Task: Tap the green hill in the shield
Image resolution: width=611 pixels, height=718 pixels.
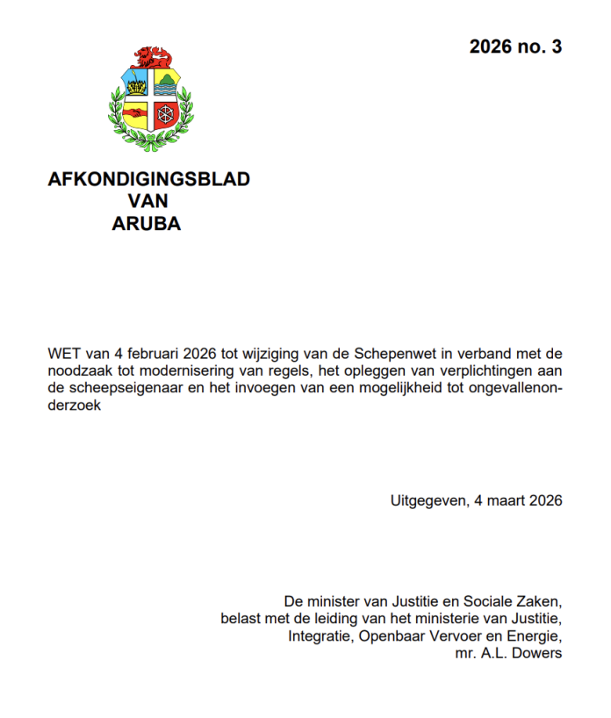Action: pos(166,85)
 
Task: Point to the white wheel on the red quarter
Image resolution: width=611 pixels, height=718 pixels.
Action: pos(164,114)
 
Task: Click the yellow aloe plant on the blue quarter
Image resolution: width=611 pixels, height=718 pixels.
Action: pos(137,86)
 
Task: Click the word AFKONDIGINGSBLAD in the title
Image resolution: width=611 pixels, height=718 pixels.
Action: pos(148,179)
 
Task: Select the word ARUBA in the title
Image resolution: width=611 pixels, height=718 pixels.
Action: pos(147,224)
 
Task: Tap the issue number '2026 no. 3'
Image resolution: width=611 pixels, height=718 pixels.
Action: pos(515,47)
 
